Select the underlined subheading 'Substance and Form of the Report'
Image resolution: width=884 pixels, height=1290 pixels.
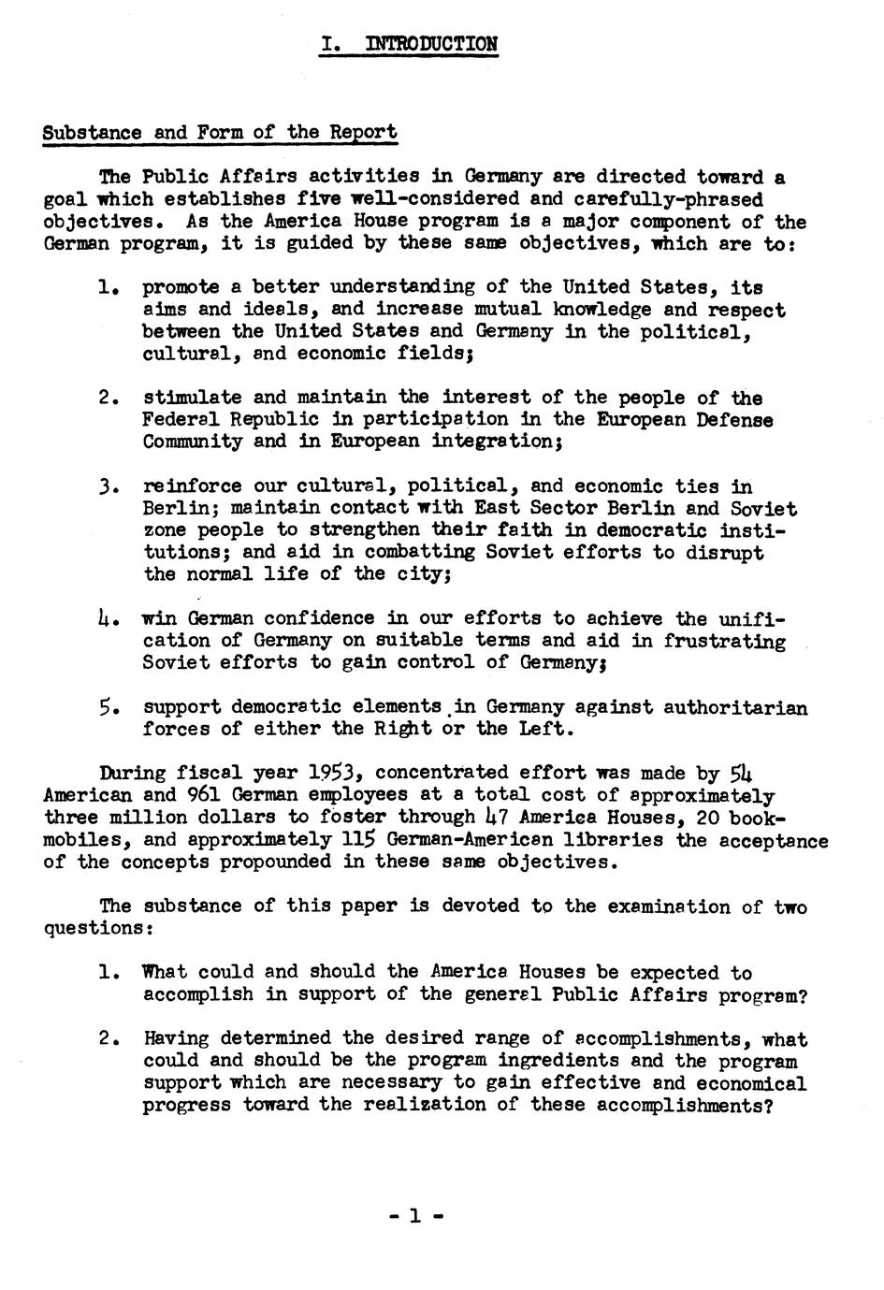(220, 132)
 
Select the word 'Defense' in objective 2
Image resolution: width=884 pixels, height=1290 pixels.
(734, 420)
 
